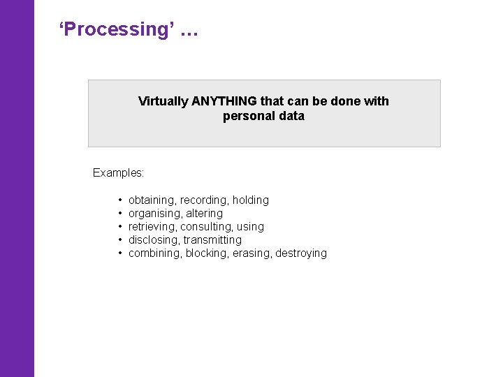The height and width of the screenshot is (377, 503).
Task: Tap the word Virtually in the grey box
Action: tap(163, 101)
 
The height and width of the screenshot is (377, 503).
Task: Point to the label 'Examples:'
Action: tap(118, 172)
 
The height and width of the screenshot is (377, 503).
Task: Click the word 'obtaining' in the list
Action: tap(152, 200)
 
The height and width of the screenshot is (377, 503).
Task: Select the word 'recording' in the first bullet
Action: tap(204, 200)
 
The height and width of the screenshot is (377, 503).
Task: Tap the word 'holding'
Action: tap(251, 200)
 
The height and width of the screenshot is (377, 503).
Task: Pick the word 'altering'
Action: tap(205, 214)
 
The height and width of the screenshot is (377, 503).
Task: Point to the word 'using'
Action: tap(251, 227)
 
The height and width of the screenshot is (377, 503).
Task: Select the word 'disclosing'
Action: tap(154, 240)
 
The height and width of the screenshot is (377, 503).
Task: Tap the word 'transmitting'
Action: tap(212, 240)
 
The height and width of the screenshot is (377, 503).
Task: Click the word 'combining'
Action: tap(155, 253)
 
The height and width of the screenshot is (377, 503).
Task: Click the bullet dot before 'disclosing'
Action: tap(121, 240)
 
